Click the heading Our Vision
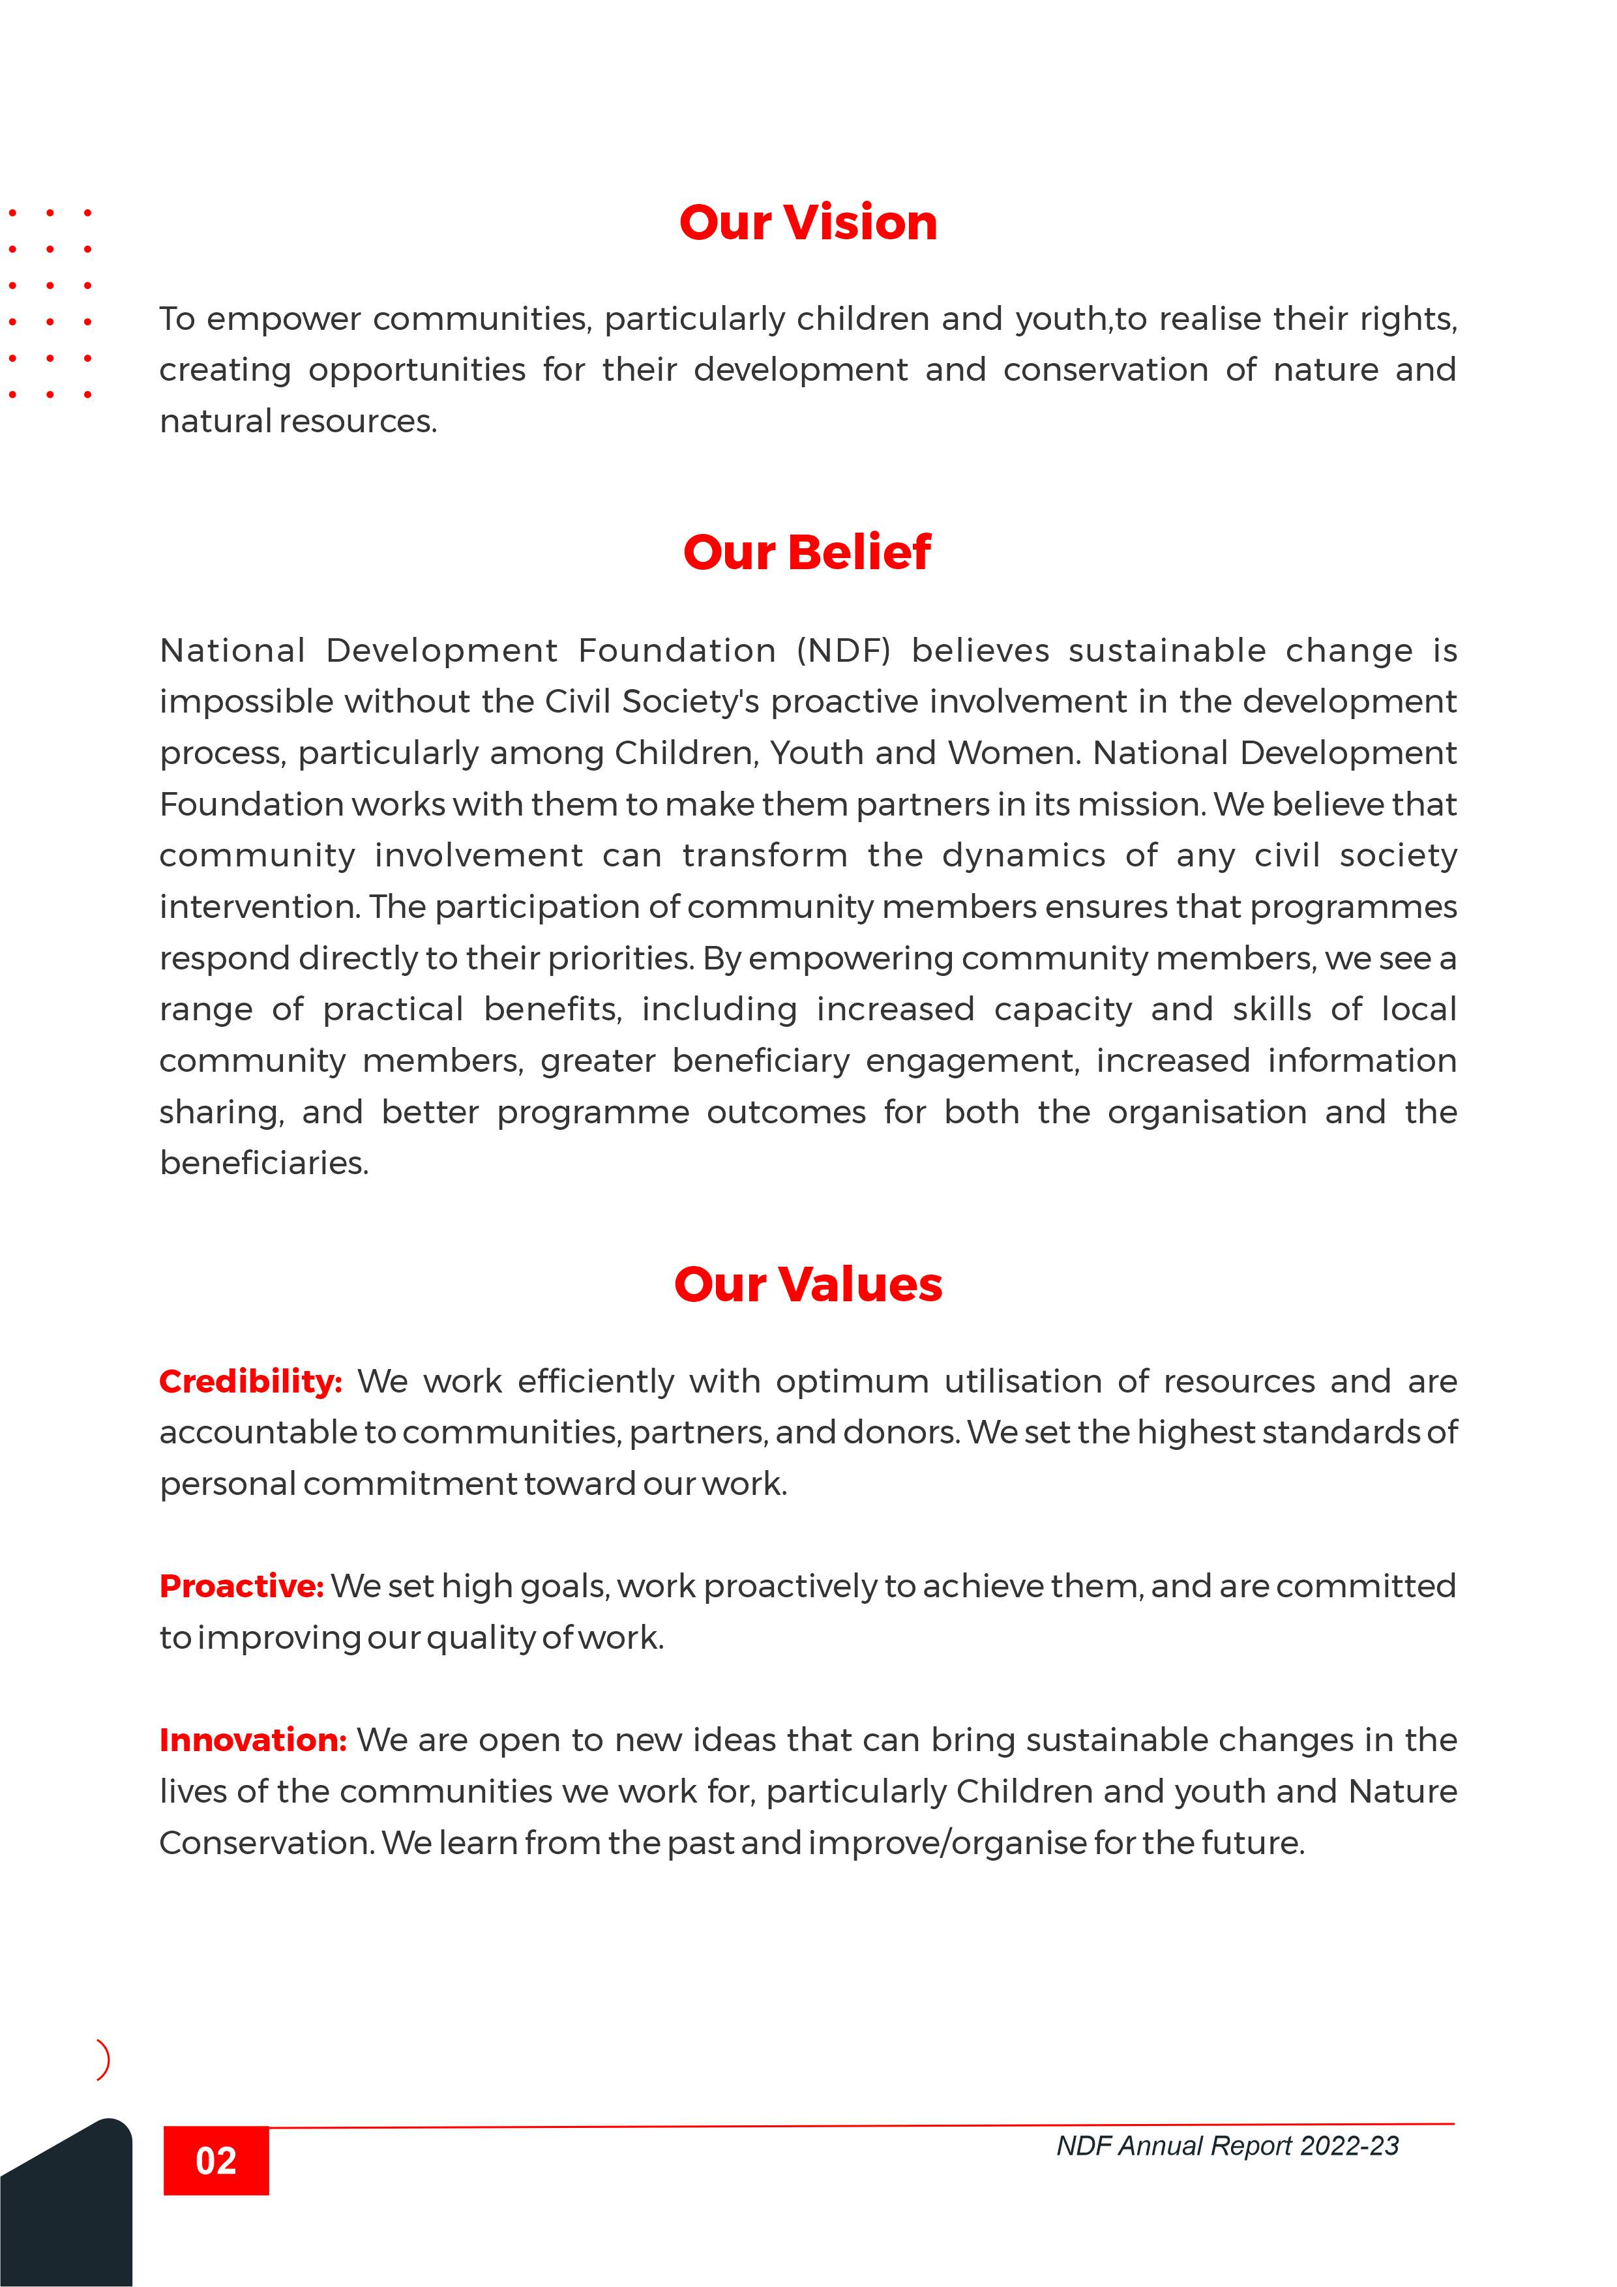point(808,222)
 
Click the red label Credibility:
point(250,1381)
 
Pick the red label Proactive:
point(242,1586)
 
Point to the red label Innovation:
point(253,1740)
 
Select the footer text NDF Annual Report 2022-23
point(1228,2146)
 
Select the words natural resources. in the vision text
point(298,421)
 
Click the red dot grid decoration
point(50,302)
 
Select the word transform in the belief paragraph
point(764,855)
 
